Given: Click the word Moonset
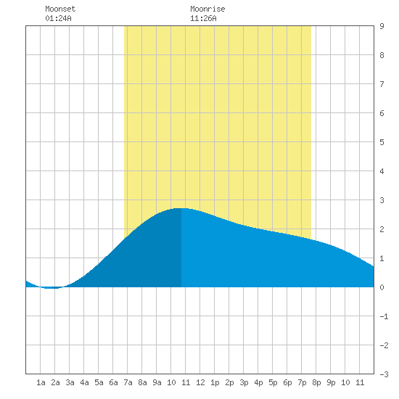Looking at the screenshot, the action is pyautogui.click(x=60, y=9).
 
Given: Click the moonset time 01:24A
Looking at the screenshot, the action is pyautogui.click(x=58, y=18).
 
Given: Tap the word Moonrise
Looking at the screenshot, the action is pyautogui.click(x=207, y=9).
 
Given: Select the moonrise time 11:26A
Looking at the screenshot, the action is pyautogui.click(x=203, y=18).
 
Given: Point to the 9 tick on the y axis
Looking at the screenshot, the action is pyautogui.click(x=382, y=26).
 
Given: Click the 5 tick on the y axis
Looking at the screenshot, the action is pyautogui.click(x=382, y=142).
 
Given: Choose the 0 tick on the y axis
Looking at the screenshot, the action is pyautogui.click(x=382, y=287).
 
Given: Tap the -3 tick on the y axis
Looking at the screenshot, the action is pyautogui.click(x=384, y=374).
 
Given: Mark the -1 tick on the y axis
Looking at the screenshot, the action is pyautogui.click(x=384, y=316).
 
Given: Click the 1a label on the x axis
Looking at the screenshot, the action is pyautogui.click(x=41, y=382).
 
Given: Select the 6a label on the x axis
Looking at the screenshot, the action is pyautogui.click(x=113, y=382).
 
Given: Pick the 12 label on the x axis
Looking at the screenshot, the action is pyautogui.click(x=200, y=382).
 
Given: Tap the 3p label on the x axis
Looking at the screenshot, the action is pyautogui.click(x=244, y=382).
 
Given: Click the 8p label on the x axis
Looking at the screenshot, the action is pyautogui.click(x=316, y=382).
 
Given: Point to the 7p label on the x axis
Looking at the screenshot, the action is pyautogui.click(x=302, y=382).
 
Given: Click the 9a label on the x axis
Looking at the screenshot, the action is pyautogui.click(x=157, y=382).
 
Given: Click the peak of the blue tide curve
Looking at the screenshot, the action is pyautogui.click(x=181, y=208).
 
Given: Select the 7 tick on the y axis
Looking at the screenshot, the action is pyautogui.click(x=382, y=84).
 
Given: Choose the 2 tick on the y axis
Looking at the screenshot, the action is pyautogui.click(x=382, y=229).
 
